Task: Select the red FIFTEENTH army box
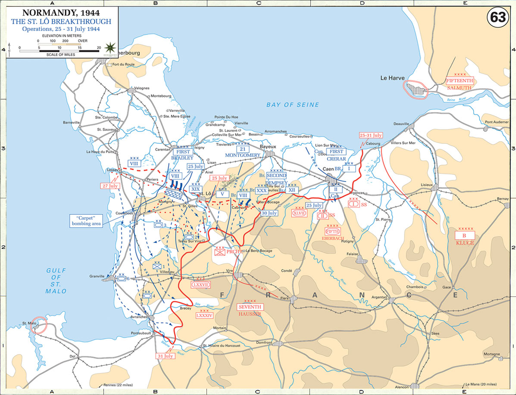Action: (x=460, y=80)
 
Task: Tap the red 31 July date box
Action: (x=166, y=356)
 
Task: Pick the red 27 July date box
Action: (x=110, y=186)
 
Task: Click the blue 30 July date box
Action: (x=269, y=213)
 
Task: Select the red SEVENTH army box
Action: (x=250, y=306)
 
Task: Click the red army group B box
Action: (x=464, y=235)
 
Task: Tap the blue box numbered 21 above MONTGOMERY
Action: (x=242, y=148)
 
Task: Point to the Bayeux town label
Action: (x=267, y=146)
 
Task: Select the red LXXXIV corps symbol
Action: (x=205, y=315)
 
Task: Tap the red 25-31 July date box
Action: (x=371, y=135)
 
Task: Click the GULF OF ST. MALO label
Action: (x=56, y=280)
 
